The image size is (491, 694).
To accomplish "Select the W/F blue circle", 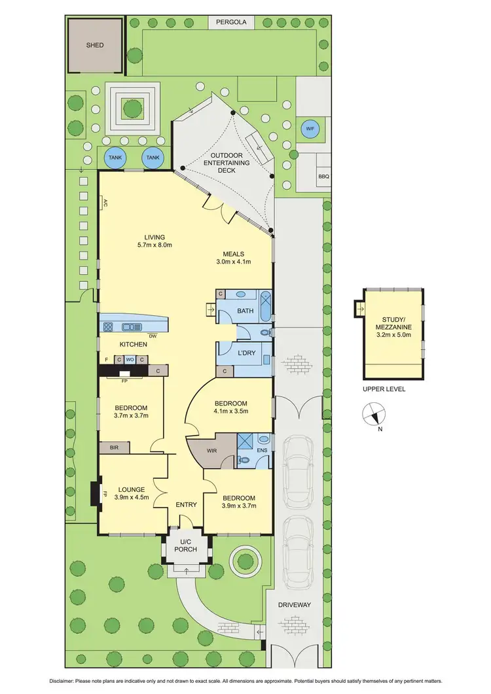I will pos(309,129).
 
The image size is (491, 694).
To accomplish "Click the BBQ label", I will pos(323,177).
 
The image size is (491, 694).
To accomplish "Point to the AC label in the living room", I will pos(104,203).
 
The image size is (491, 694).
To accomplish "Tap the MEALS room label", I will pos(233,254).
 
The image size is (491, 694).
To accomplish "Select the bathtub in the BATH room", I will pos(265,306).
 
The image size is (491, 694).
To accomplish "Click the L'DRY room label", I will pos(246,353).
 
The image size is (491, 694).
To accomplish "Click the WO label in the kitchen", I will pos(130,359).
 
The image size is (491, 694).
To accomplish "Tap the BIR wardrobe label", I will pos(114,449).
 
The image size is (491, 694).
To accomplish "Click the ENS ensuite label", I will pos(263,451).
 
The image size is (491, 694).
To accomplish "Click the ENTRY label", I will pos(186,504).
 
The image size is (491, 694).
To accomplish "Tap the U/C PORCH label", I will pos(186,544).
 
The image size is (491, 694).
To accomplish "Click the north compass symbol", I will pos(373,414).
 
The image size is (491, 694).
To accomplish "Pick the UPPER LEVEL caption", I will pos(384,389).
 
